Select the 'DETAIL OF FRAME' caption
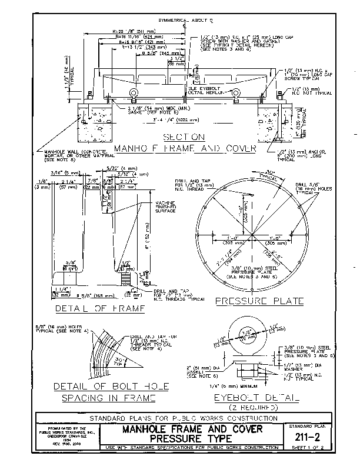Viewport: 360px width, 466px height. point(100,308)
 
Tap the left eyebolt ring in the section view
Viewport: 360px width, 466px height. point(135,92)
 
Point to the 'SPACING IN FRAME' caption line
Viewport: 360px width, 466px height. point(109,397)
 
